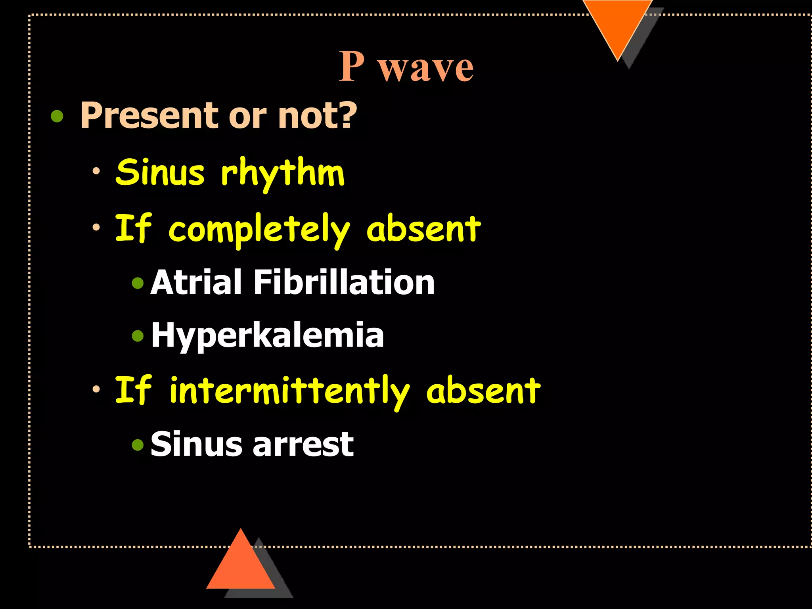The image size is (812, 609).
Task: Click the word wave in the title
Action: click(426, 68)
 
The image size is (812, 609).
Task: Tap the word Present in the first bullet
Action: click(151, 115)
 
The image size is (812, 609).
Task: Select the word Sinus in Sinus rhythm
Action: click(160, 172)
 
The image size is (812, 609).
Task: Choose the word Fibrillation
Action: click(344, 282)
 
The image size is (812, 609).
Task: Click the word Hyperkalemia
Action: click(268, 335)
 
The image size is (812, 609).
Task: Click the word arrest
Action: click(303, 444)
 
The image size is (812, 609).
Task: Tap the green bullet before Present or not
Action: click(57, 116)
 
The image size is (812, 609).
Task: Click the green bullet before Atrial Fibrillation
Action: click(138, 283)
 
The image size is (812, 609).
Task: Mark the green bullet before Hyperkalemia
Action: click(138, 336)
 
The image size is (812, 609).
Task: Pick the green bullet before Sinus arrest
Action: click(138, 445)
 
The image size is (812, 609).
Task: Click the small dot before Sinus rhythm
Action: click(96, 172)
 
